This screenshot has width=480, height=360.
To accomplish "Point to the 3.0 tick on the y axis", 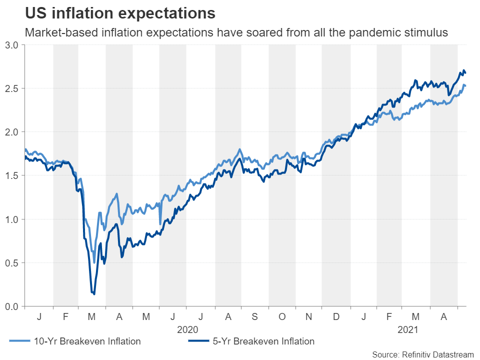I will pyautogui.click(x=12, y=45).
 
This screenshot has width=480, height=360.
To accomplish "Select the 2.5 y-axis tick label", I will pyautogui.click(x=12, y=88).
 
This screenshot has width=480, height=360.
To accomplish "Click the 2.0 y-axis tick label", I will pyautogui.click(x=12, y=132).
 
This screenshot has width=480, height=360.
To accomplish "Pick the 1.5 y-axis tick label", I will pyautogui.click(x=12, y=175).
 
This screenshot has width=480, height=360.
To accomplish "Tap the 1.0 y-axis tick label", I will pyautogui.click(x=12, y=219).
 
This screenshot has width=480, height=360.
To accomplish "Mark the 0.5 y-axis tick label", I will pyautogui.click(x=12, y=262).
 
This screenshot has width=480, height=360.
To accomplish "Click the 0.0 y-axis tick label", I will pyautogui.click(x=12, y=306).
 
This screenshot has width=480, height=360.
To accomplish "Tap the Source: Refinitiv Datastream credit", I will pyautogui.click(x=422, y=354).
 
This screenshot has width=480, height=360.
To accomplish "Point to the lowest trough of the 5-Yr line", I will pyautogui.click(x=94, y=294).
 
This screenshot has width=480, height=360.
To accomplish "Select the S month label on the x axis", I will pyautogui.click(x=255, y=316).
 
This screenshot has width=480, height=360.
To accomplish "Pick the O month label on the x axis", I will pyautogui.click(x=282, y=316).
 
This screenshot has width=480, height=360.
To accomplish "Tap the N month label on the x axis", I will pyautogui.click(x=308, y=316).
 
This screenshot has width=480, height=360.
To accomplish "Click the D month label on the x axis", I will pyautogui.click(x=335, y=316).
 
